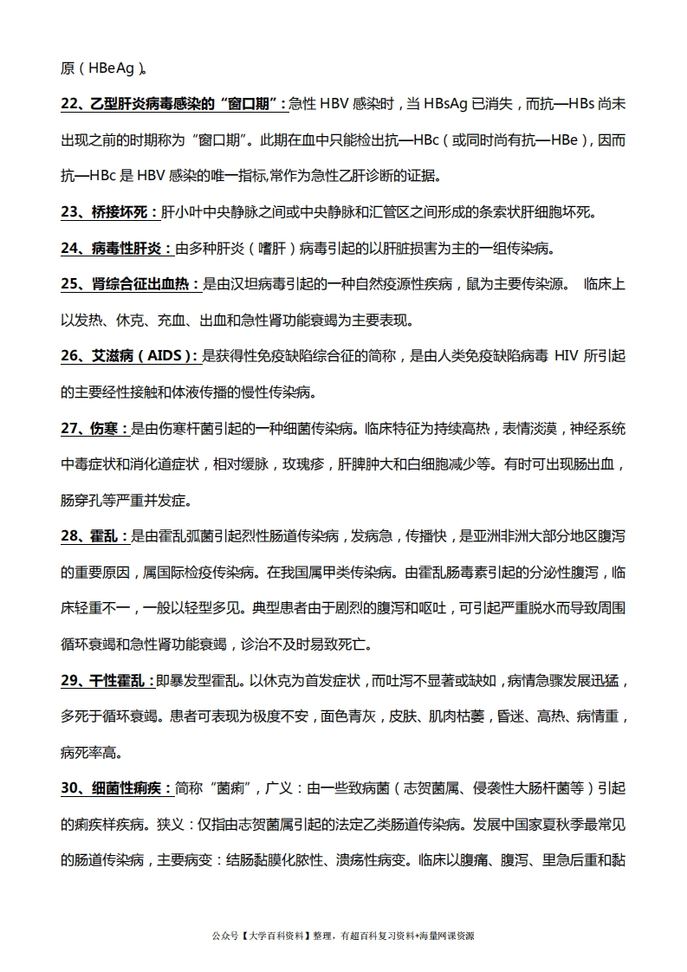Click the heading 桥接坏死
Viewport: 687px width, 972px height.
(x=122, y=212)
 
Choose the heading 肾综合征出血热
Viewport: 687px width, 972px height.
(x=146, y=284)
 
